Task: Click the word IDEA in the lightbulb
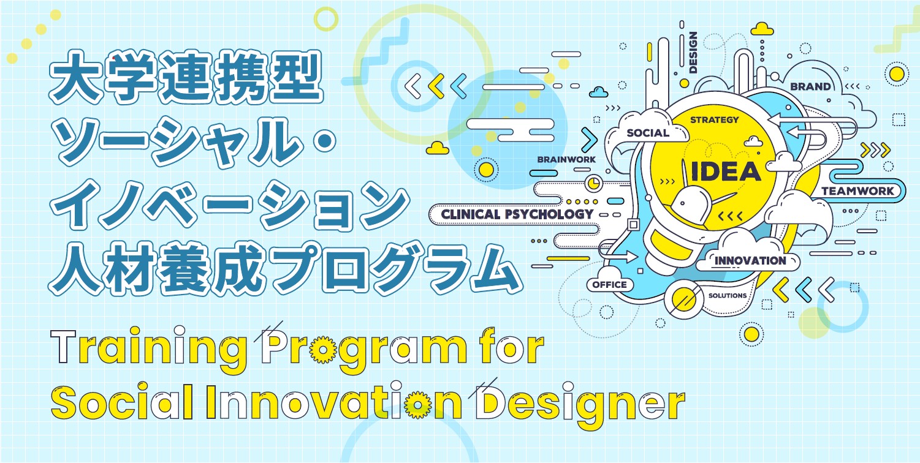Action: click(726, 171)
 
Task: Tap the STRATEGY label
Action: click(714, 120)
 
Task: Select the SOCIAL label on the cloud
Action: click(648, 133)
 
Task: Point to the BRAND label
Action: click(810, 86)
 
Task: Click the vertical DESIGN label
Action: click(693, 53)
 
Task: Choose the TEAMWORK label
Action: click(857, 191)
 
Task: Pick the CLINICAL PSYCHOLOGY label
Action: click(517, 214)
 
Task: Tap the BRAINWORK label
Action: click(566, 160)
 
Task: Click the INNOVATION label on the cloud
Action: click(750, 261)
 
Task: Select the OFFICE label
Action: click(609, 285)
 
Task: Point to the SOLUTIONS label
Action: click(728, 296)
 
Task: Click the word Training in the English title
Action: click(148, 349)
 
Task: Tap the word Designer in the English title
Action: click(580, 404)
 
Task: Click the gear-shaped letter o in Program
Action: click(323, 350)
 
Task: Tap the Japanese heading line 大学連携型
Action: click(186, 77)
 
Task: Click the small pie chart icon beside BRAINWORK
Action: click(593, 183)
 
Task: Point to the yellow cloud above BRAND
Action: click(762, 29)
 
